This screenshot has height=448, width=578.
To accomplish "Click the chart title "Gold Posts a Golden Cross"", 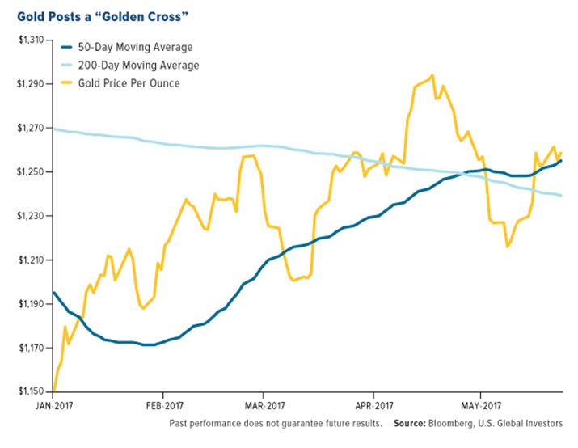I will [x=104, y=15].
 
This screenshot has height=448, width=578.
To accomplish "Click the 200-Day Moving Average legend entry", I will [x=137, y=65].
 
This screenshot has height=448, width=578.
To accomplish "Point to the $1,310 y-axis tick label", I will [x=31, y=40].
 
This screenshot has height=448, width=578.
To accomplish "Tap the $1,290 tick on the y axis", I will [x=31, y=84].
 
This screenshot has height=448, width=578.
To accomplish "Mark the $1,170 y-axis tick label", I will [x=31, y=349].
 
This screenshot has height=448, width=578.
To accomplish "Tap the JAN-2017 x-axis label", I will [x=53, y=406].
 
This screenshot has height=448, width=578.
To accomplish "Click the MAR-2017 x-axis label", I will [x=264, y=406].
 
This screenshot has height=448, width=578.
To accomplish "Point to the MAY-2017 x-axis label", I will [x=479, y=406].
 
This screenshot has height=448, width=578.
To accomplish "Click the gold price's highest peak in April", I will [x=432, y=75].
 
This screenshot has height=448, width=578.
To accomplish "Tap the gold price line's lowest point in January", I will [x=53, y=391].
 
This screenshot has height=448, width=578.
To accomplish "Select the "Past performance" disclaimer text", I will [x=276, y=423].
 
